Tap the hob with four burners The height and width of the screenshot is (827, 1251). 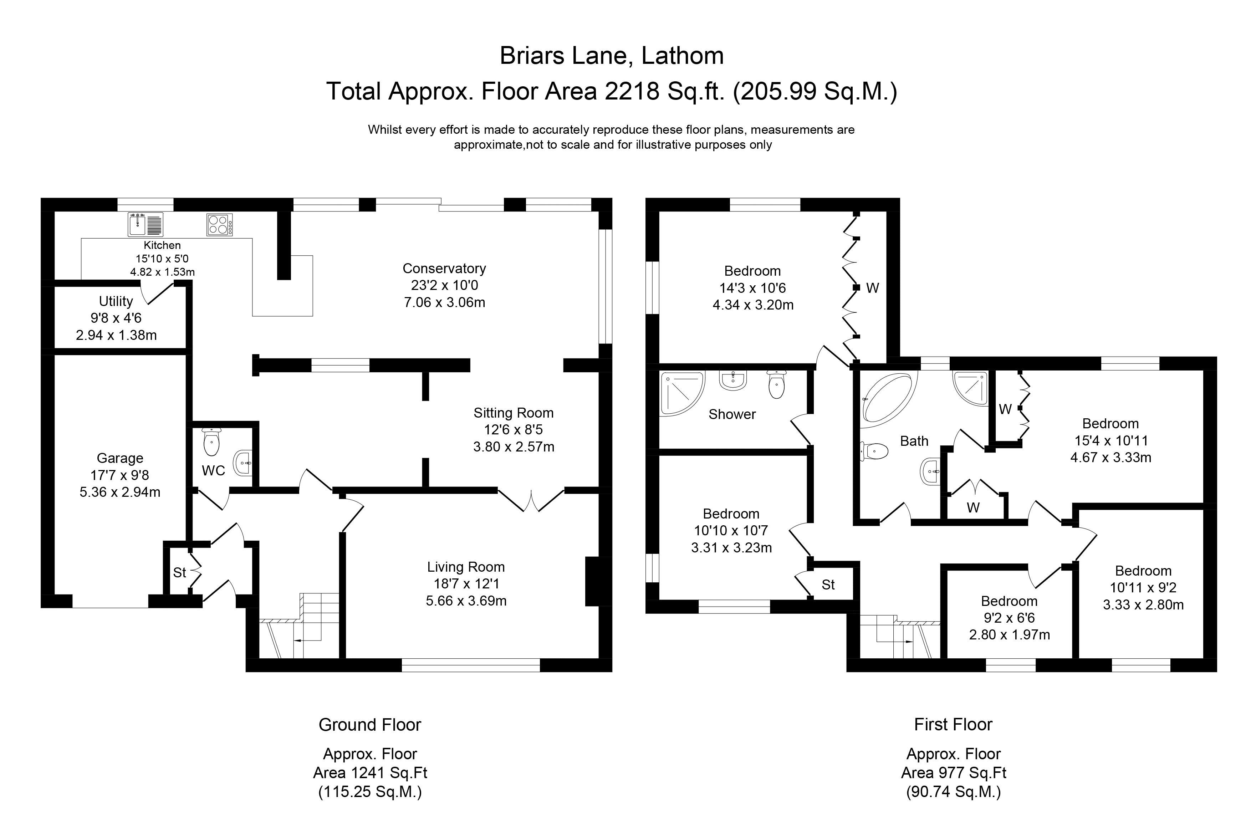[219, 225]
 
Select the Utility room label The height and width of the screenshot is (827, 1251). [116, 301]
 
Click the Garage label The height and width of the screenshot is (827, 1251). [120, 458]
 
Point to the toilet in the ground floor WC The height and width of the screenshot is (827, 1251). [211, 442]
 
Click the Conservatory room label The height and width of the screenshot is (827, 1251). [444, 269]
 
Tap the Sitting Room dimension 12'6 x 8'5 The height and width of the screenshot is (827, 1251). [514, 430]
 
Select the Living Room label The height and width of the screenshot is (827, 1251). [466, 567]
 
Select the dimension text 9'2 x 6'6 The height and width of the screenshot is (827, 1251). [1010, 618]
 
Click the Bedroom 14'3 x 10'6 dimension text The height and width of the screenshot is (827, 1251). [752, 288]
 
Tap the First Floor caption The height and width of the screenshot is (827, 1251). [953, 724]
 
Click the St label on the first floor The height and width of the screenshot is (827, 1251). [828, 584]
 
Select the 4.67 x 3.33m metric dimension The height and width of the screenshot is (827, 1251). [1111, 457]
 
